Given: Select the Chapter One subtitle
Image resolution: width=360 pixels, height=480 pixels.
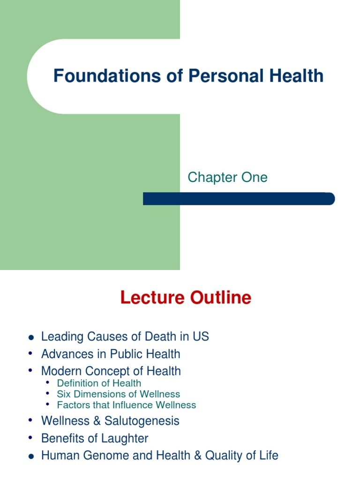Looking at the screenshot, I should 227,177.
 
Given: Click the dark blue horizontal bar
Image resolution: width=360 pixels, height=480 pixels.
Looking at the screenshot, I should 239,199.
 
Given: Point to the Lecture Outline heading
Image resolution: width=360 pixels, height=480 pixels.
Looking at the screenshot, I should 186,298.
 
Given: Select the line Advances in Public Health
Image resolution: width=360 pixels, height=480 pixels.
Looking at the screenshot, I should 111,354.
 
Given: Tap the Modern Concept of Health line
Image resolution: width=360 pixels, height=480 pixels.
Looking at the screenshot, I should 111,371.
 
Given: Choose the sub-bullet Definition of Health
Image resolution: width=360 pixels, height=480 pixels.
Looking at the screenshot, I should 99,383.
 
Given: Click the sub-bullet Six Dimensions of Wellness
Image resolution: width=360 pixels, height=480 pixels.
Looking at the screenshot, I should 118,394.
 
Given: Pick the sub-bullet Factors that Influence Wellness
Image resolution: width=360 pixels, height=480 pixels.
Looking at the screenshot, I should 126,405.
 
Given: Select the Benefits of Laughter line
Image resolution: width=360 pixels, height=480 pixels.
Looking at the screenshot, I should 95,438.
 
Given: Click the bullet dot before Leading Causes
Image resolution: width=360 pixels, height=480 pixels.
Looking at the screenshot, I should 31,337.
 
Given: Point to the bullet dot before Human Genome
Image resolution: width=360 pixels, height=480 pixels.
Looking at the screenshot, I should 31,456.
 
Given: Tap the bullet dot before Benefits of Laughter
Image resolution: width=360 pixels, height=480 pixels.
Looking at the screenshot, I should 31,438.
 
